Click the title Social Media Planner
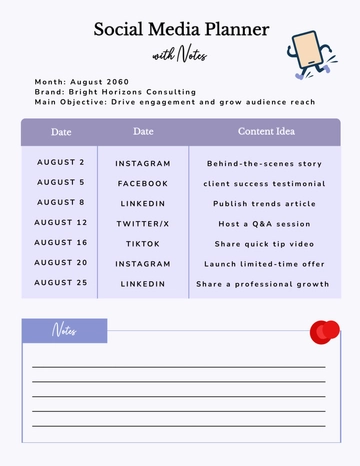tap(181, 29)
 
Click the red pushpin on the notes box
tap(324, 332)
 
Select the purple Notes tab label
tap(65, 331)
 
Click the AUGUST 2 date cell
tap(61, 162)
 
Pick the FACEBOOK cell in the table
tap(143, 183)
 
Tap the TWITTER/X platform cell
tap(143, 223)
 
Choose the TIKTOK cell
tap(143, 243)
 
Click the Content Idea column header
tap(265, 132)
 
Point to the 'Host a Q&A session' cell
tap(265, 223)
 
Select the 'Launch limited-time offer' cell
tap(265, 263)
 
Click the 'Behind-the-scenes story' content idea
tap(265, 163)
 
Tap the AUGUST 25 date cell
tap(61, 283)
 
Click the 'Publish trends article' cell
tap(265, 203)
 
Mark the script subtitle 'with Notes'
tap(180, 55)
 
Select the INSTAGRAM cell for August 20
tap(143, 263)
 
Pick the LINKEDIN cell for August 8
tap(143, 203)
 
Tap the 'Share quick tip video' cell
tap(265, 243)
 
